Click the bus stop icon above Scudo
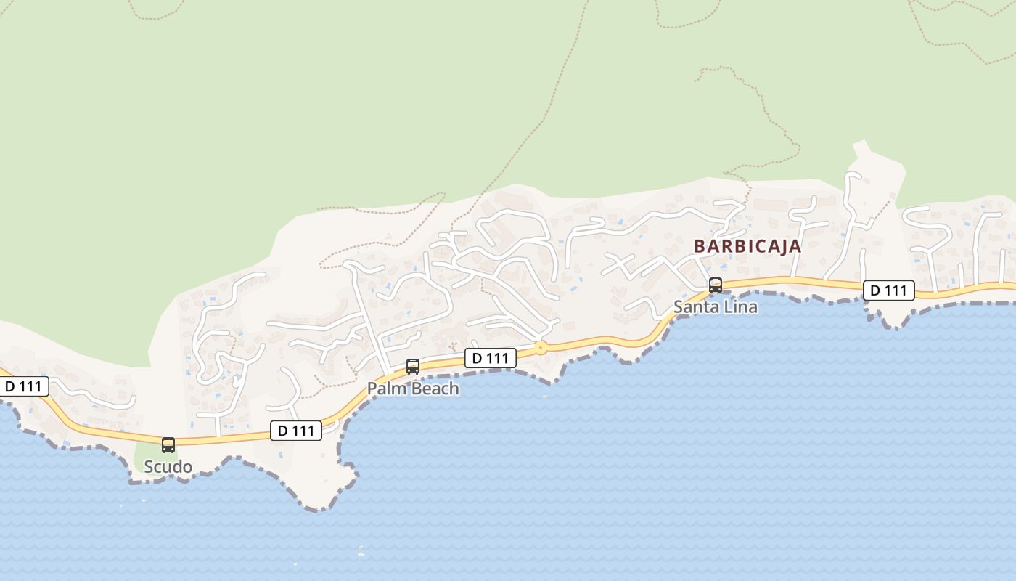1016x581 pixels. tap(168, 444)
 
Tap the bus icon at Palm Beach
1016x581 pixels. tap(413, 367)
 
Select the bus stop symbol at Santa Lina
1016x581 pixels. tap(716, 285)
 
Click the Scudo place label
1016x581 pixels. tap(168, 466)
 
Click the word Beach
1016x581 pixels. tap(435, 389)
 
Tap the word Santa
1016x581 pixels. tap(695, 306)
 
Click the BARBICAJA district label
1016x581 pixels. tap(747, 246)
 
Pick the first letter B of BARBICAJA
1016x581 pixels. tap(699, 246)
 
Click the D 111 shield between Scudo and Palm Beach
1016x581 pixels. tap(296, 431)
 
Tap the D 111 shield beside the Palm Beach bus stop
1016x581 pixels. tap(491, 357)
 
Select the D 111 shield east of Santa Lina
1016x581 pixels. tap(888, 290)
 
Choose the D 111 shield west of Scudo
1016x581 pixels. tap(23, 386)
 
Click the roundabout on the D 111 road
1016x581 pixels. tap(540, 348)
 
